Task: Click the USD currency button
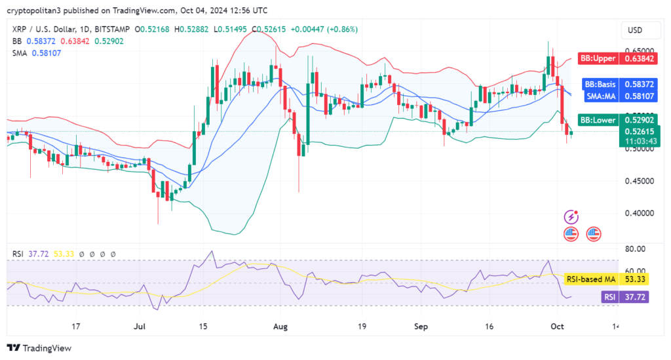point(634,30)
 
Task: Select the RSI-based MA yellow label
point(590,279)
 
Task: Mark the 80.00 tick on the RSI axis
point(636,249)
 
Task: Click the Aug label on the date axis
point(281,326)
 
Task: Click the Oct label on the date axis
point(557,326)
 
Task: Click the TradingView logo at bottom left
point(39,348)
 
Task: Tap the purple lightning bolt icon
point(571,216)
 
